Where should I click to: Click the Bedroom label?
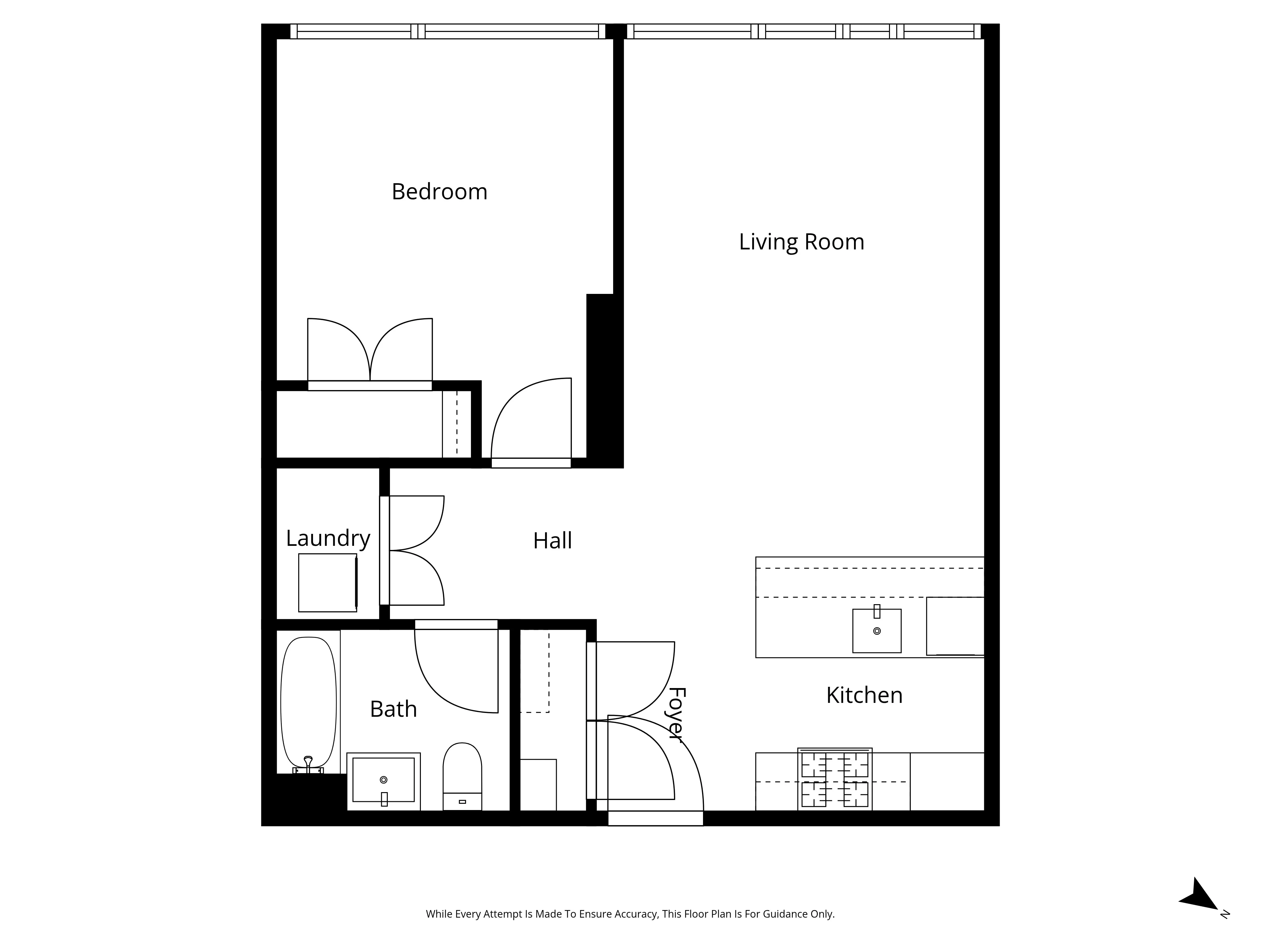(439, 192)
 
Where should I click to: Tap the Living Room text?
(801, 242)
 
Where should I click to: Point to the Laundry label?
(328, 538)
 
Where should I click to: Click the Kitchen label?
(864, 695)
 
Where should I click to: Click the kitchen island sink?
(877, 631)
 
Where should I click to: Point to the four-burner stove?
(834, 779)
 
